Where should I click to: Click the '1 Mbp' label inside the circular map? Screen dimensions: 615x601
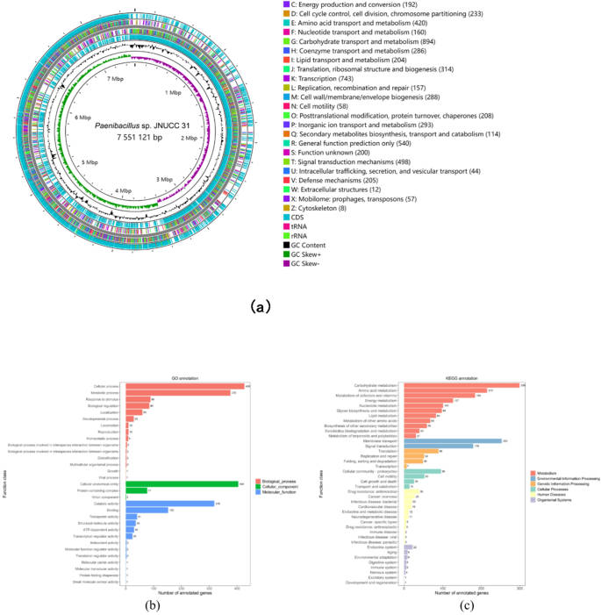(x=173, y=92)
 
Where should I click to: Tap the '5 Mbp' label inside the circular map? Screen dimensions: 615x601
(x=89, y=163)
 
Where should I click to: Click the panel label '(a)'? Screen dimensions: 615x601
(x=260, y=307)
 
